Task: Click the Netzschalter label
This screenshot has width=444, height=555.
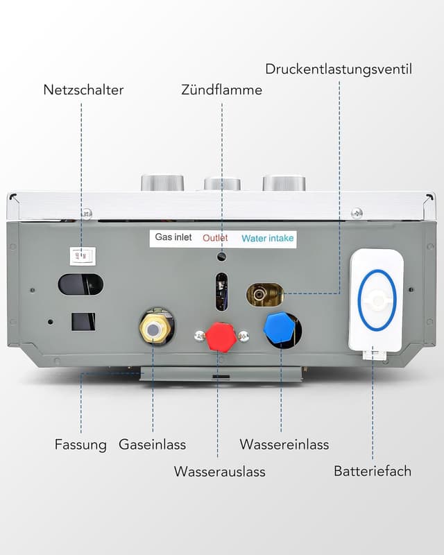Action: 83,89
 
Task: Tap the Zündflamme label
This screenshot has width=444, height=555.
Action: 221,89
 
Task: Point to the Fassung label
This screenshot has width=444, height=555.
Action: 80,445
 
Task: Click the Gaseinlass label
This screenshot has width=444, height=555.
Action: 152,445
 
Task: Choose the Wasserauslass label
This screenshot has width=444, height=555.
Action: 219,472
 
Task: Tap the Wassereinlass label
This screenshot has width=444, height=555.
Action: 284,445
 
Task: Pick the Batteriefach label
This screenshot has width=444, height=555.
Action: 373,471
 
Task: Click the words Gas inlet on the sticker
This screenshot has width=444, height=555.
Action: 173,237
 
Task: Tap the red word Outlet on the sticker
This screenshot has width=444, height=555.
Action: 215,238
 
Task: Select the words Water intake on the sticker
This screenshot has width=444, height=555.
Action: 267,239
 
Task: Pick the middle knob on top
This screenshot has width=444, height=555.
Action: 222,184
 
